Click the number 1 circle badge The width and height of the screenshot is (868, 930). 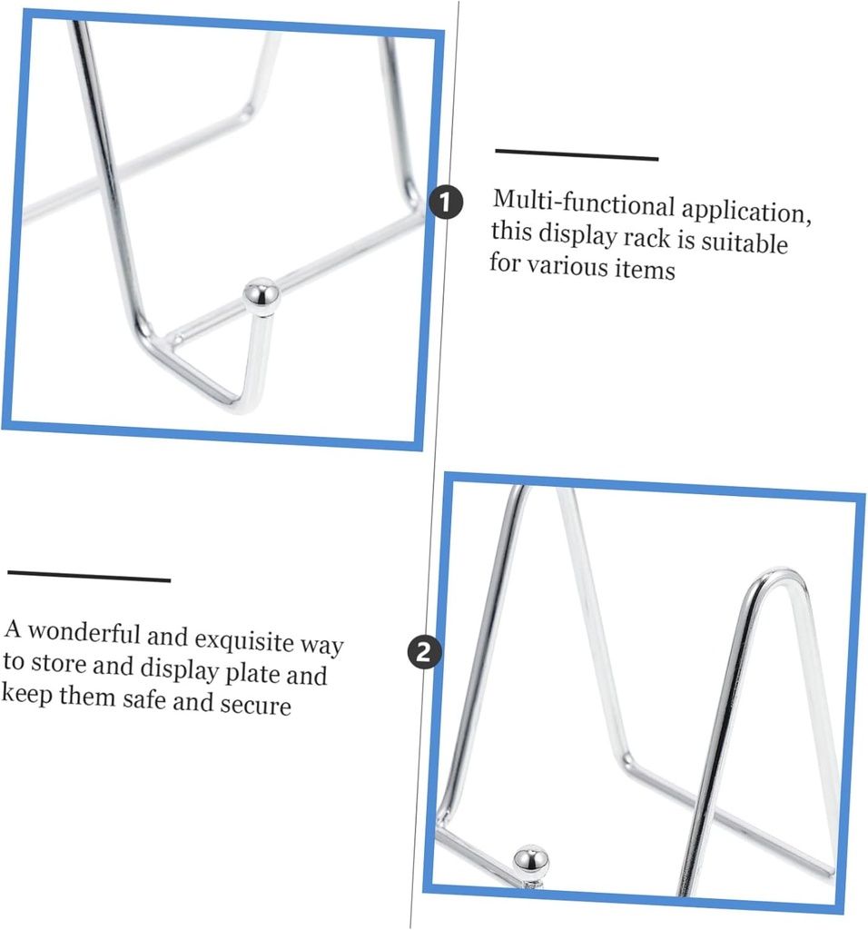point(445,203)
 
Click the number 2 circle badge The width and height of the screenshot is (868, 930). point(425,652)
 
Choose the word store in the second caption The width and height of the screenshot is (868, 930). point(63,663)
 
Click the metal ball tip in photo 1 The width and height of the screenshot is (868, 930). point(261,296)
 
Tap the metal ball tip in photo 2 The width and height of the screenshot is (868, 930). point(530,858)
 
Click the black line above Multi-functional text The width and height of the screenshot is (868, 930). point(576,153)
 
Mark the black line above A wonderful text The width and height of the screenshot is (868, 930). point(89,577)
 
